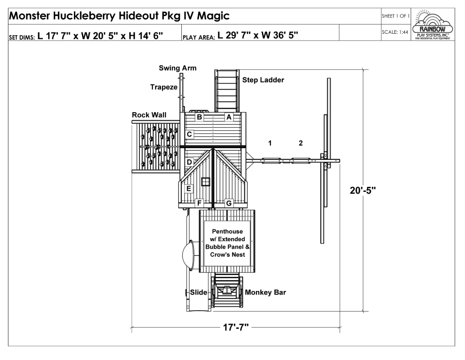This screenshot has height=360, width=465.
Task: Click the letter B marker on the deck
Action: click(x=199, y=117)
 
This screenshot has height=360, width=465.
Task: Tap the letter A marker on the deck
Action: click(x=228, y=117)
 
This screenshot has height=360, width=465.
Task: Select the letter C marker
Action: click(x=189, y=134)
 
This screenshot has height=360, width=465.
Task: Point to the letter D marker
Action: click(x=189, y=162)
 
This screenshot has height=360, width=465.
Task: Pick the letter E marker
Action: click(x=188, y=189)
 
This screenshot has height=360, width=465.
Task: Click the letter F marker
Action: click(x=199, y=203)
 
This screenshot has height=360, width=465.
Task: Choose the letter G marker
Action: click(x=228, y=203)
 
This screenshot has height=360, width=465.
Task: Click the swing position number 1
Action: click(x=270, y=143)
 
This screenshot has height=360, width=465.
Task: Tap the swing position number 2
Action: click(x=301, y=143)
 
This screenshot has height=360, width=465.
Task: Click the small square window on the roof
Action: click(x=205, y=182)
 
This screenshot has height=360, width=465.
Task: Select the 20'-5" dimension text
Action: click(x=363, y=190)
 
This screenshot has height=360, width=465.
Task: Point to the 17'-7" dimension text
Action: click(x=236, y=327)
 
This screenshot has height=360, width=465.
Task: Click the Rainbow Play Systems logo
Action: click(x=432, y=24)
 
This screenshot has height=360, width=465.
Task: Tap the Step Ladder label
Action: click(x=263, y=80)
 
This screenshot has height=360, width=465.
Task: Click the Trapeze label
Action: click(x=164, y=87)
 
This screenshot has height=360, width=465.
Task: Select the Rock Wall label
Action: click(x=149, y=115)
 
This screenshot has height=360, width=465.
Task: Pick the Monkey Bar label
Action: click(x=265, y=292)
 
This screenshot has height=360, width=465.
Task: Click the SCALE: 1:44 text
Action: click(x=395, y=32)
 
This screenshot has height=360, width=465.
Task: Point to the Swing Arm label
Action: click(x=178, y=68)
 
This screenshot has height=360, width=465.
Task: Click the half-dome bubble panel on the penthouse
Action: click(x=188, y=255)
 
